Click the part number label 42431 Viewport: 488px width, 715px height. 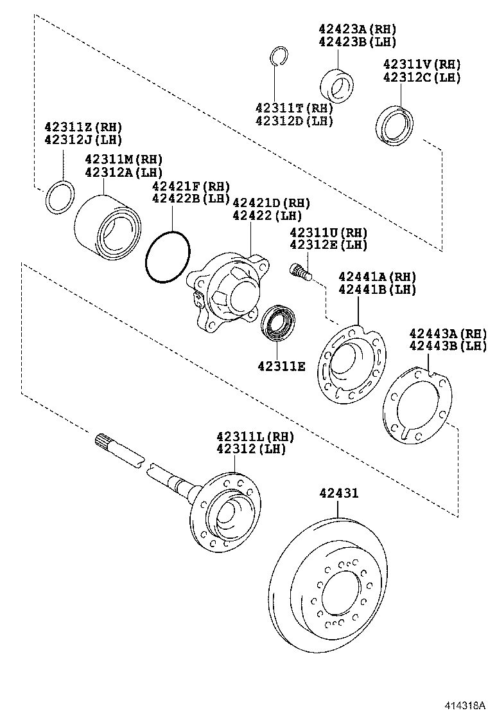(x=338, y=493)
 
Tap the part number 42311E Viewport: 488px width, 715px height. (x=283, y=366)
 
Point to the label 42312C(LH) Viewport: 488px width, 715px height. (x=422, y=77)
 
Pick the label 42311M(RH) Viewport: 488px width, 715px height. (x=124, y=159)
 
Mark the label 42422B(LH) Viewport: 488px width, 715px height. (x=191, y=199)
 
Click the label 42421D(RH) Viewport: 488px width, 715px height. (x=271, y=203)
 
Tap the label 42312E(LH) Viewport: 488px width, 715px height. (x=328, y=245)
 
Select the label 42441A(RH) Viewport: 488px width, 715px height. (x=377, y=276)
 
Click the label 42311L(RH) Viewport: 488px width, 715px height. (x=254, y=437)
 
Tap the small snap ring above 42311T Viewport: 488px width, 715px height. (x=276, y=56)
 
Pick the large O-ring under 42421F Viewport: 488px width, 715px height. (x=168, y=258)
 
